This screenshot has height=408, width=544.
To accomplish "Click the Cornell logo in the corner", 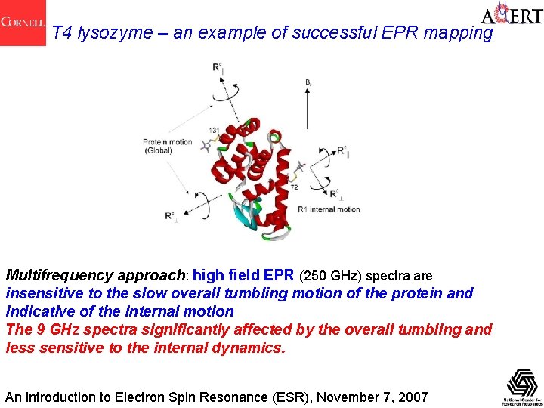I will (23, 23).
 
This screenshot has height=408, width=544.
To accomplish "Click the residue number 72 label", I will (294, 186).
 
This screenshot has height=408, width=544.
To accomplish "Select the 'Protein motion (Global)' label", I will (168, 146).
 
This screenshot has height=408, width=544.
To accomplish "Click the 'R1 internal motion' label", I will (329, 209).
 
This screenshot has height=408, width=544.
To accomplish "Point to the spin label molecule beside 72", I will (301, 168).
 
